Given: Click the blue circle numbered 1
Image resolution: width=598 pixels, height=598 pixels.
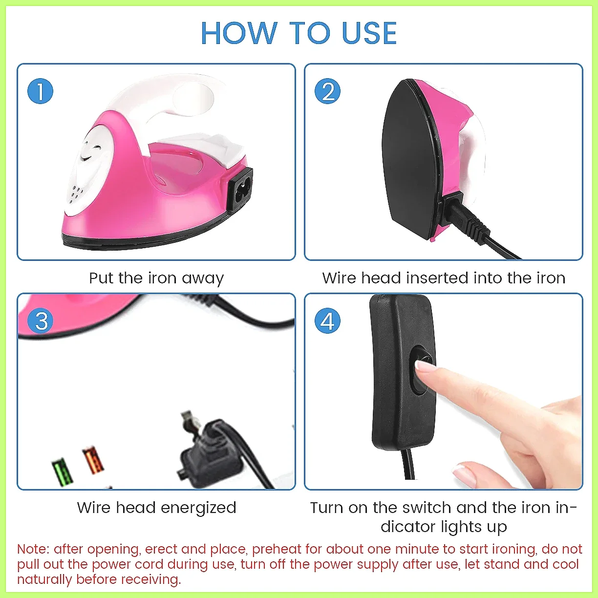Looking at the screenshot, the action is pyautogui.click(x=41, y=91).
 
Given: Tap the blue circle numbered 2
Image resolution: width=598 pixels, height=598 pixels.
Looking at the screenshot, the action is pyautogui.click(x=327, y=91).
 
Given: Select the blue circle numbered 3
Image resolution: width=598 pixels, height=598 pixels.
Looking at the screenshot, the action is pyautogui.click(x=41, y=320).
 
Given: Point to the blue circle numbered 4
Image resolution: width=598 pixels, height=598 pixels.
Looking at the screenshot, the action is pyautogui.click(x=327, y=320).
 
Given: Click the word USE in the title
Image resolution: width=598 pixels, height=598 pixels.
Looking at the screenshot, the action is pyautogui.click(x=369, y=34).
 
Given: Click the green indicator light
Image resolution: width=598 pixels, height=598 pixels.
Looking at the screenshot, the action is pyautogui.click(x=63, y=471).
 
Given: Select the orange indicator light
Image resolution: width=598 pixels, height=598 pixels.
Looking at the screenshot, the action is pyautogui.click(x=93, y=460).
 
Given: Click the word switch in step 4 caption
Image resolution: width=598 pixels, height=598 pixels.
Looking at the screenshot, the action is pyautogui.click(x=427, y=508).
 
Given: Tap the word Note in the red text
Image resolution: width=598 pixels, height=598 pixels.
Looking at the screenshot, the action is pyautogui.click(x=31, y=549).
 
